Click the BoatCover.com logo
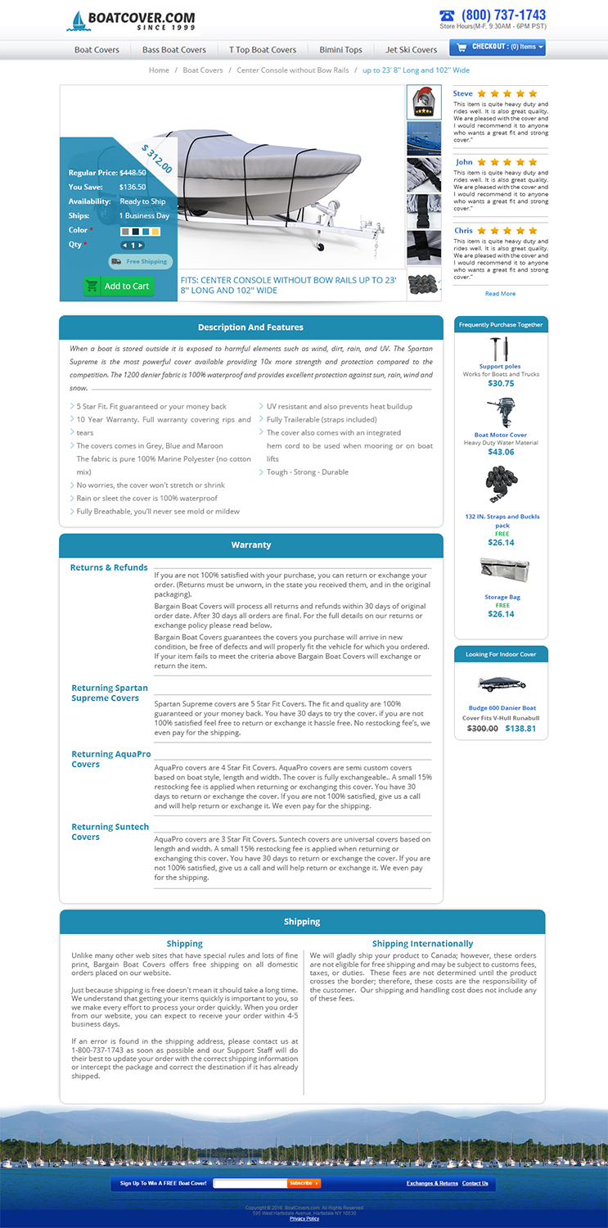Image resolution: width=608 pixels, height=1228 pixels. point(133,20)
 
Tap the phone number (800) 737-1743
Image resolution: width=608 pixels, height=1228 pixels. point(502,15)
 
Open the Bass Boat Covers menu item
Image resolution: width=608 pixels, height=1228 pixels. point(174,50)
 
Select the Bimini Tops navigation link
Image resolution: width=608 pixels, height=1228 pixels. point(341,50)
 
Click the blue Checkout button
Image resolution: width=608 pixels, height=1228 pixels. point(497,47)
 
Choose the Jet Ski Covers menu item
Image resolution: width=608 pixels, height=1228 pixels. point(412,50)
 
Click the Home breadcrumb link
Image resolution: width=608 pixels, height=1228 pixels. point(159,70)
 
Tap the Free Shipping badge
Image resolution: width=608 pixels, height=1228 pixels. point(140,262)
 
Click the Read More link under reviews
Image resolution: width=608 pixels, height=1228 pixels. point(500,293)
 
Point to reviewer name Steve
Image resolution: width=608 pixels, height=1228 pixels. point(463,94)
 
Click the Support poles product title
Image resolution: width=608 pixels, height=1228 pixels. point(500,366)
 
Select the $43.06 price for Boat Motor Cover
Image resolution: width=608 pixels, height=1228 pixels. point(501,452)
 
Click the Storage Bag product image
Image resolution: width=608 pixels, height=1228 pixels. point(501,571)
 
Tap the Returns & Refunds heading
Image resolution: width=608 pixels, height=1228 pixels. point(109,567)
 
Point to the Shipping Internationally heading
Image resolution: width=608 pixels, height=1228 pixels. point(422,944)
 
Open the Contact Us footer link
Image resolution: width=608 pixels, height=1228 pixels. point(475,1183)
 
